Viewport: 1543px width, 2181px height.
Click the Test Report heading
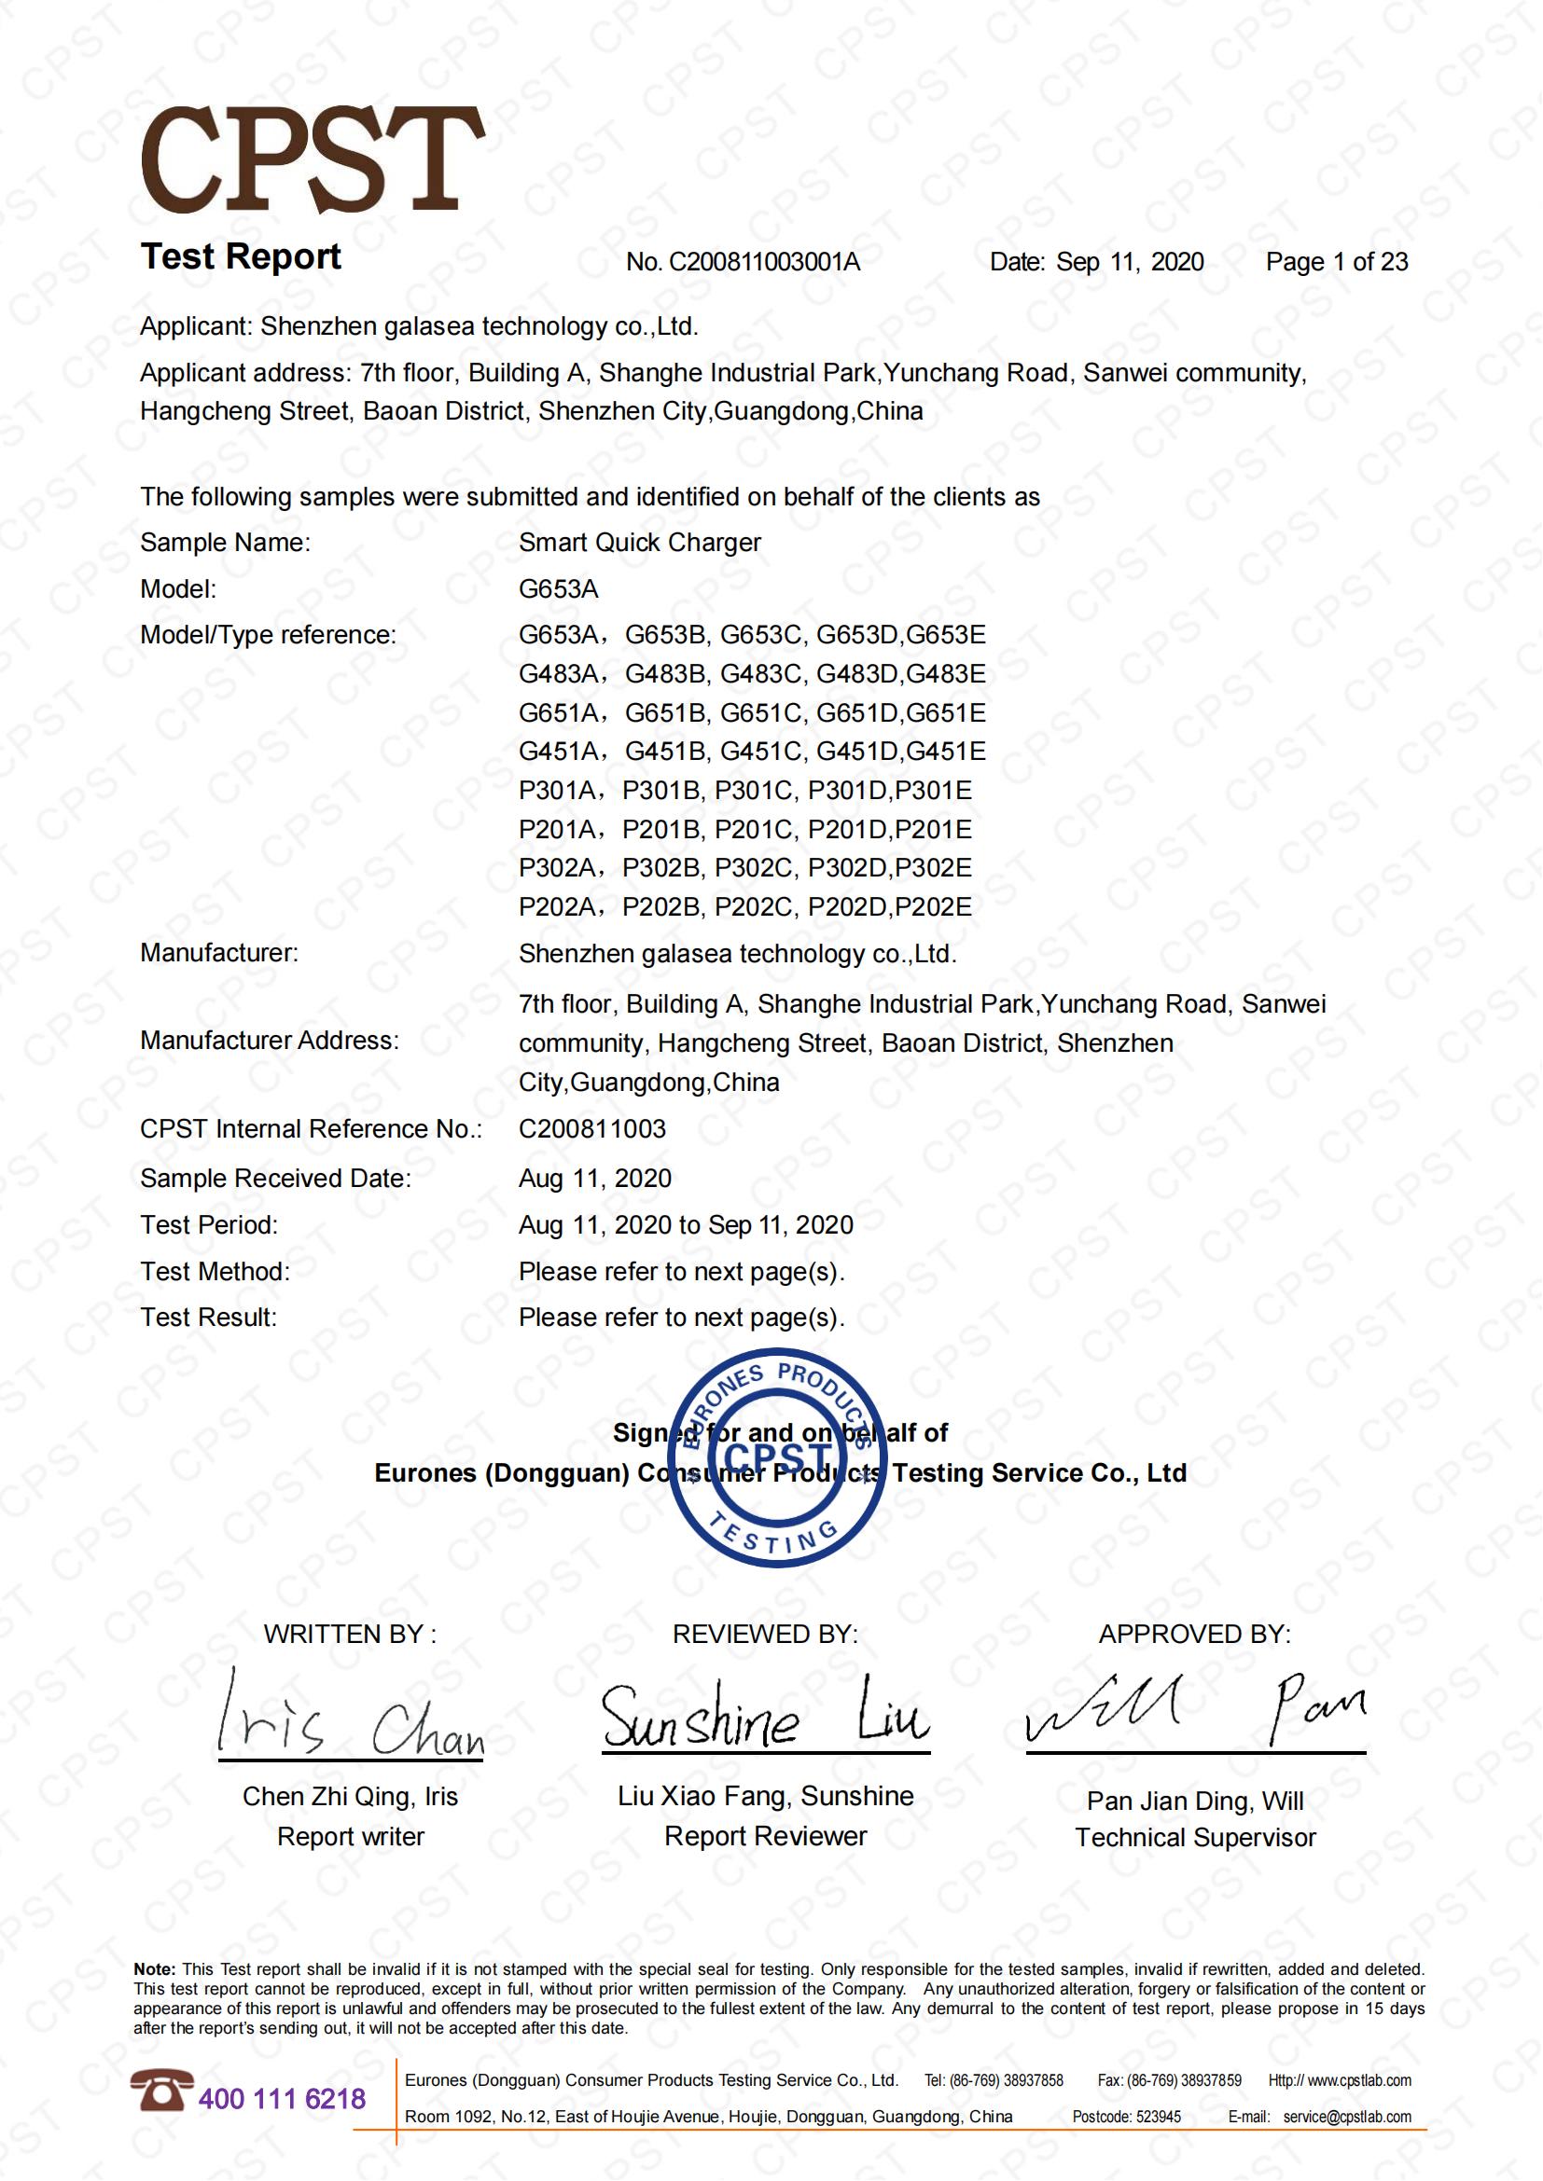click(241, 256)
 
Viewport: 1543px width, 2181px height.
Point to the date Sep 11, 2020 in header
click(1130, 262)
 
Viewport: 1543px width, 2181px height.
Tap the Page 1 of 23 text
click(1336, 262)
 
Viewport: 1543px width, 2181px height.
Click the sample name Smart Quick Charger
click(639, 543)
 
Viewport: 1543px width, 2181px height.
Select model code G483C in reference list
click(760, 674)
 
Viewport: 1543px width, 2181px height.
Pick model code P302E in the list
click(933, 868)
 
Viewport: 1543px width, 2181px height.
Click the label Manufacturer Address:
click(269, 1042)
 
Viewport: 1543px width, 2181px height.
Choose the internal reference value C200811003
click(592, 1129)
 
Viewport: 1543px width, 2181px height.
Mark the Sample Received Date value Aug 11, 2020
click(595, 1179)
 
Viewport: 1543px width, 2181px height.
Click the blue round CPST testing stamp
click(776, 1457)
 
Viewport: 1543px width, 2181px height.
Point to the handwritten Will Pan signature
click(1194, 1712)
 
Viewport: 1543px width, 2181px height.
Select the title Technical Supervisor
click(1194, 1838)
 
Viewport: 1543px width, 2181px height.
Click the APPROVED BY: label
click(1194, 1635)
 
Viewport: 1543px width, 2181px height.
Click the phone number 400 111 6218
click(281, 2098)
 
